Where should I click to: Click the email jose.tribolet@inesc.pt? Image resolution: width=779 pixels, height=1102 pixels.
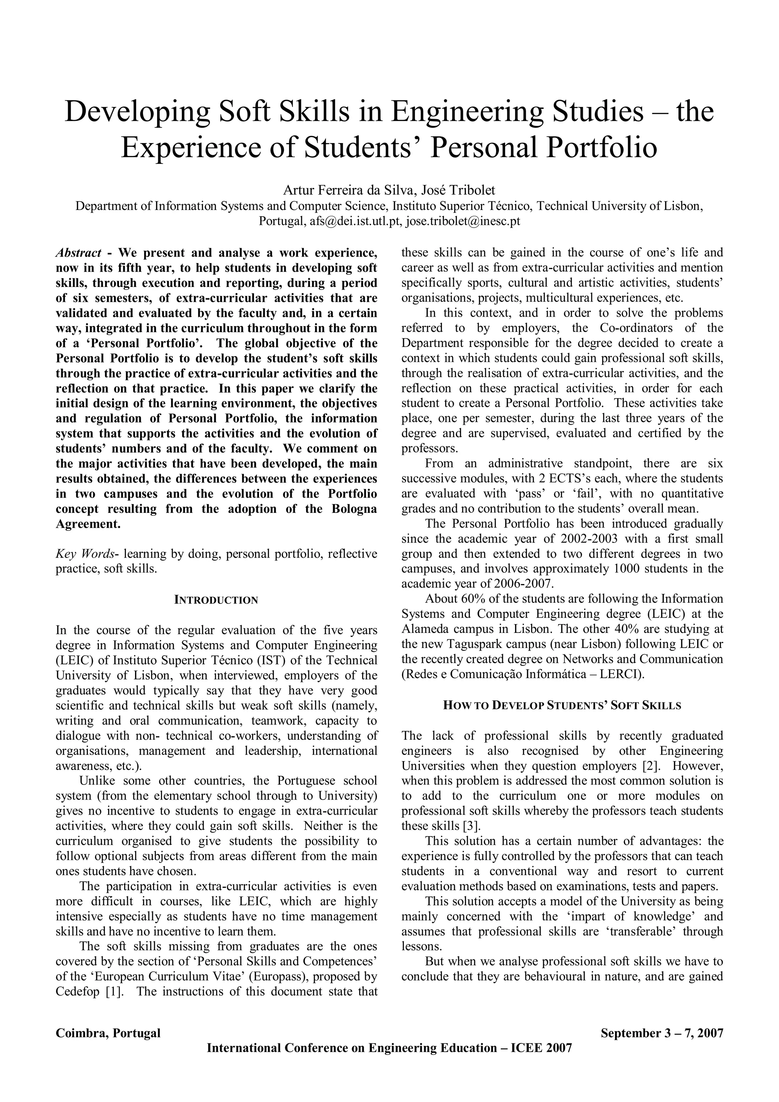tap(463, 221)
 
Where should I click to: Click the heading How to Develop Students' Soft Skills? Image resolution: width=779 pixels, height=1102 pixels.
tap(562, 705)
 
